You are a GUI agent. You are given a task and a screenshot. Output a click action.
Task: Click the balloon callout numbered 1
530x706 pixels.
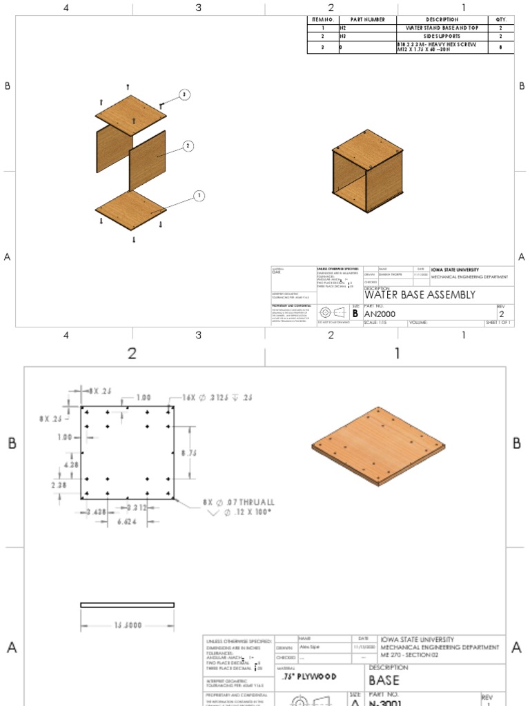(x=199, y=196)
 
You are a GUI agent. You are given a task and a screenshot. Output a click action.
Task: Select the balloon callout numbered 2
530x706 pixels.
(x=187, y=145)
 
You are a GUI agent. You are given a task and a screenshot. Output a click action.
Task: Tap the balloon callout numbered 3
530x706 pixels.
(x=184, y=94)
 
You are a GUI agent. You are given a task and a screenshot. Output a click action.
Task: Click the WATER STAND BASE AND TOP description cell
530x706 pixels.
(x=442, y=28)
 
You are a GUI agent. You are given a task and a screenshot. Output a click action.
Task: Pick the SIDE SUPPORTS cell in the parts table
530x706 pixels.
(x=442, y=36)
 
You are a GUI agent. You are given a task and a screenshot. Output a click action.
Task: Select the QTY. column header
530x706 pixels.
(x=500, y=19)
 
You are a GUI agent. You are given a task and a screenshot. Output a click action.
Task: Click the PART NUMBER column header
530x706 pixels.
(x=367, y=19)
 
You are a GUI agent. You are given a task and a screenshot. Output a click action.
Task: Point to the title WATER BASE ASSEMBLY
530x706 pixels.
(x=420, y=294)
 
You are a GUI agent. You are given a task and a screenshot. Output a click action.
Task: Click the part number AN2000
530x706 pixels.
(x=382, y=314)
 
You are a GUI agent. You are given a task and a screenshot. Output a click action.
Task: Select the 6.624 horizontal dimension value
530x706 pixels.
(x=124, y=523)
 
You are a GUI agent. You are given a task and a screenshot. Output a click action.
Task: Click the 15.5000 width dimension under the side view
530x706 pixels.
(x=128, y=625)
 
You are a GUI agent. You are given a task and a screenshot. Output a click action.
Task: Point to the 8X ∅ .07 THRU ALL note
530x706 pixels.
(x=238, y=502)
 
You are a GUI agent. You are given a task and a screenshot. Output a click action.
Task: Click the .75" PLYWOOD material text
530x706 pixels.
(x=309, y=676)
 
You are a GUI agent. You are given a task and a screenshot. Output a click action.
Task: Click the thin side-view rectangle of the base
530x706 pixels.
(x=128, y=605)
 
